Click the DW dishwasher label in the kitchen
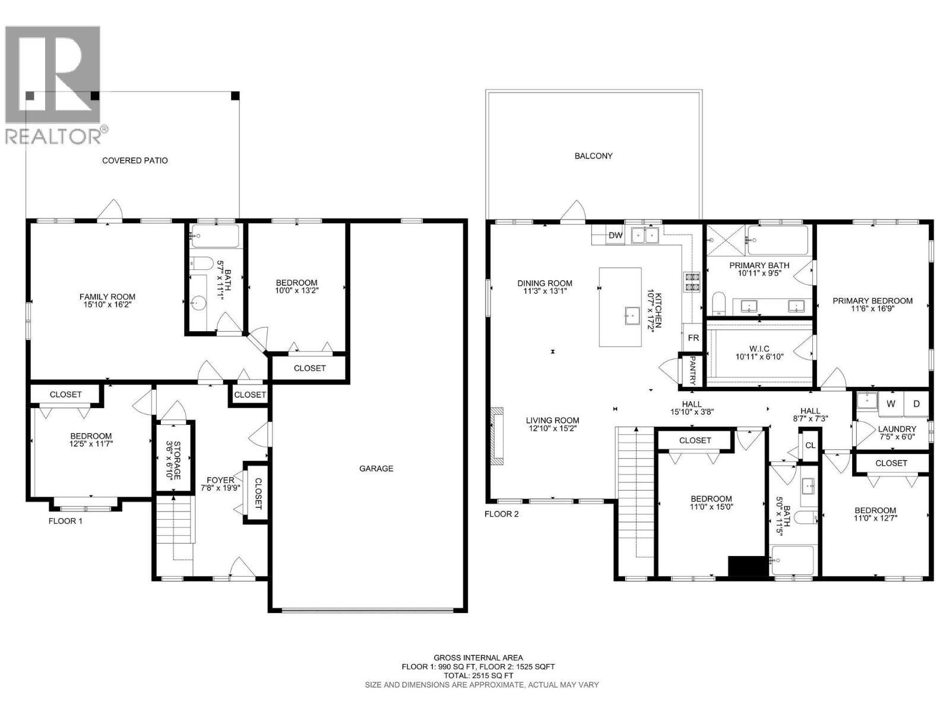616,235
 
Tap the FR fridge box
693,338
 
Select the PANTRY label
692,370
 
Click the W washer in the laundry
891,404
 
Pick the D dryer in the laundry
916,404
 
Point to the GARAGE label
376,468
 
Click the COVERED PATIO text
135,160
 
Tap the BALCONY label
593,155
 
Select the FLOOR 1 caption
65,521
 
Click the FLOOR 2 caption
501,514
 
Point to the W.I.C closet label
759,348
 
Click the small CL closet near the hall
810,445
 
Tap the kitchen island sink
632,316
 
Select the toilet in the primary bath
718,303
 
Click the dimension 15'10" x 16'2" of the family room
107,304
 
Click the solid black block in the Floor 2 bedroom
748,566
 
